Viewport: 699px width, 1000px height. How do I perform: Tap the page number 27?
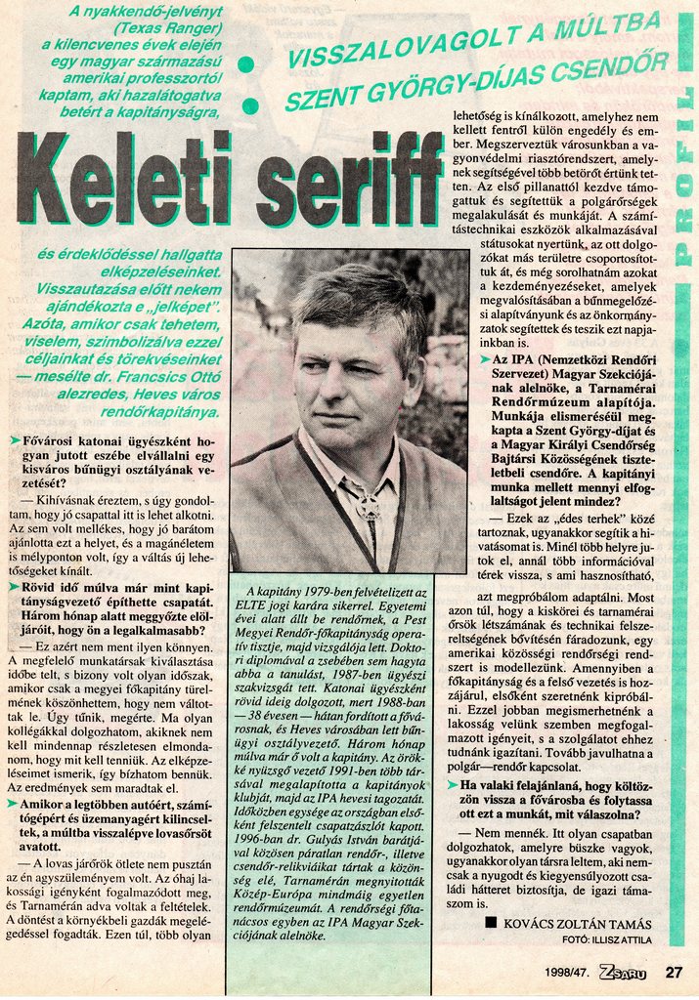tap(673, 972)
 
